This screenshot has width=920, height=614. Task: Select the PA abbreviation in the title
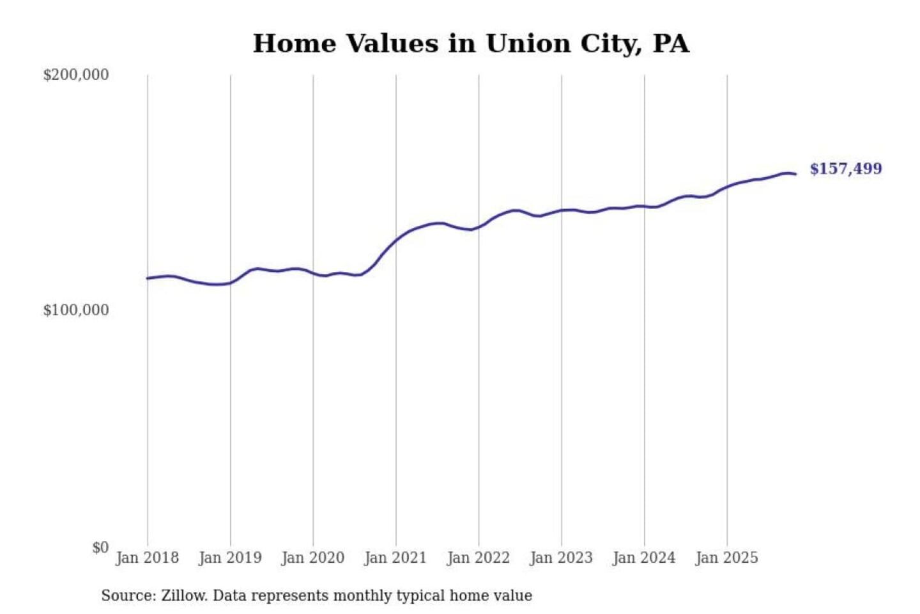670,43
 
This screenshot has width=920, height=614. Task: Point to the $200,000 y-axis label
76,75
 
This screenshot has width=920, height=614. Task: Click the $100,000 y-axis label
76,310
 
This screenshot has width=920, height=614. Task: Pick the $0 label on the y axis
100,547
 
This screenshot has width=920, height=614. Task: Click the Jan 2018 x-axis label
148,558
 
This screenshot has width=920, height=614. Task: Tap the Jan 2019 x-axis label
230,558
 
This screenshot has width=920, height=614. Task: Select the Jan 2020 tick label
313,558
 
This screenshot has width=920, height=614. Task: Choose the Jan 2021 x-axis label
395,558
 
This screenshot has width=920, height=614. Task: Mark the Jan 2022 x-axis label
479,558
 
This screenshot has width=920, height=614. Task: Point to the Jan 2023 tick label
562,558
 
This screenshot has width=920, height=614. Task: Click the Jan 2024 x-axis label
644,558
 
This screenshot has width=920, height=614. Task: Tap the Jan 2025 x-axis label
727,558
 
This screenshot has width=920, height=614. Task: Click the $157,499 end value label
846,169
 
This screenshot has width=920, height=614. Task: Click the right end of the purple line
795,174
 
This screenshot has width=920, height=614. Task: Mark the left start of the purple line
148,278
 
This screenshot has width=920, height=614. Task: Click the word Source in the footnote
128,595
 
